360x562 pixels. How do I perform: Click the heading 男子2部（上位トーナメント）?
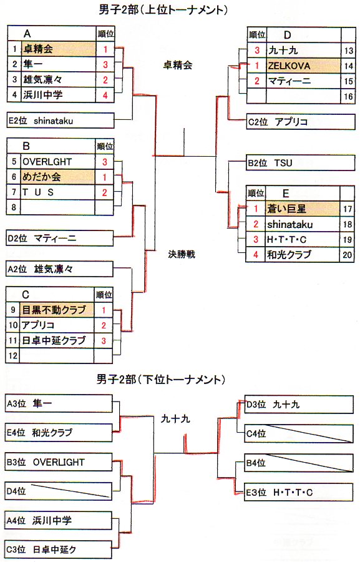tap(163, 9)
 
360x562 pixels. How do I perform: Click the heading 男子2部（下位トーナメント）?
tap(161, 379)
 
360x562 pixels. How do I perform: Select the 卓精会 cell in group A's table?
tap(59, 49)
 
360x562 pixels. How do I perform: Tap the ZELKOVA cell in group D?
tap(303, 66)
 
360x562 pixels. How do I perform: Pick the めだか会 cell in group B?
tap(57, 177)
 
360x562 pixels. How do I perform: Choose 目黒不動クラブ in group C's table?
tap(57, 310)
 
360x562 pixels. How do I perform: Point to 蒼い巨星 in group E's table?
tap(303, 209)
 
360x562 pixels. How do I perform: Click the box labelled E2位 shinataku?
tap(61, 121)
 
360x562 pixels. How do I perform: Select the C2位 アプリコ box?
tap(301, 122)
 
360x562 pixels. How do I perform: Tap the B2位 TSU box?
tap(300, 163)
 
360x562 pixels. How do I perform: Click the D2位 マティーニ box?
tap(60, 239)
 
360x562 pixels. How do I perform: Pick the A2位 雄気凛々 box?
tap(59, 269)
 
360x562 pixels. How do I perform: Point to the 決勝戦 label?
tap(182, 255)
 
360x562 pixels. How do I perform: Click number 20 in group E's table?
tap(348, 255)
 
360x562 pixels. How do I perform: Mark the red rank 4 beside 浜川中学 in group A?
tap(105, 96)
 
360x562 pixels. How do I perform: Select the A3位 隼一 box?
tap(59, 404)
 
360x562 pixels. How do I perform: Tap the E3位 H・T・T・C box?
tap(299, 493)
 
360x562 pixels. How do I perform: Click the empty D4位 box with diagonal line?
tap(59, 491)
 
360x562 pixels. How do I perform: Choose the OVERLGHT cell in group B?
tap(58, 162)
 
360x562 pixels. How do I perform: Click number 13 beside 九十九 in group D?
tap(348, 51)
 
